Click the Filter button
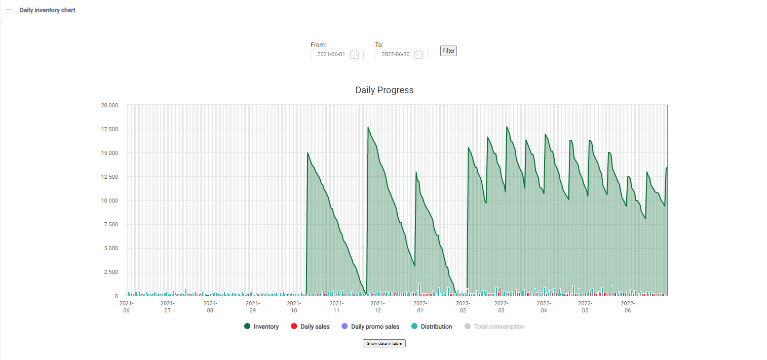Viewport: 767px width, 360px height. point(448,51)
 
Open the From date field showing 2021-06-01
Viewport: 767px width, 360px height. point(331,54)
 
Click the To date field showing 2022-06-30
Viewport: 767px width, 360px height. point(395,54)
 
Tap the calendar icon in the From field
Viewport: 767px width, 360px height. point(355,55)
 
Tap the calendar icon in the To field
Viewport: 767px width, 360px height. point(419,55)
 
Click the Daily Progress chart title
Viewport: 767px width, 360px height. point(384,90)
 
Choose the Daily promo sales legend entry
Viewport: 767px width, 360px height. point(370,327)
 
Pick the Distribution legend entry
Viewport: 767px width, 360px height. point(432,327)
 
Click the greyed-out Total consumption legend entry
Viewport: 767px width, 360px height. point(494,327)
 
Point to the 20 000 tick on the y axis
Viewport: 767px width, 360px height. point(109,105)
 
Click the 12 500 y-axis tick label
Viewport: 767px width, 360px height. point(109,177)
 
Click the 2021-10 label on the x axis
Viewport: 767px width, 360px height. point(294,306)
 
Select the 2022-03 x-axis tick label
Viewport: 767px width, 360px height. point(501,306)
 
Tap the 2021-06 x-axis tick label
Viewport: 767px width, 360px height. point(126,306)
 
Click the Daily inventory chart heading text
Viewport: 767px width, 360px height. point(48,10)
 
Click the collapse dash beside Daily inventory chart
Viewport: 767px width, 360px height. point(8,10)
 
